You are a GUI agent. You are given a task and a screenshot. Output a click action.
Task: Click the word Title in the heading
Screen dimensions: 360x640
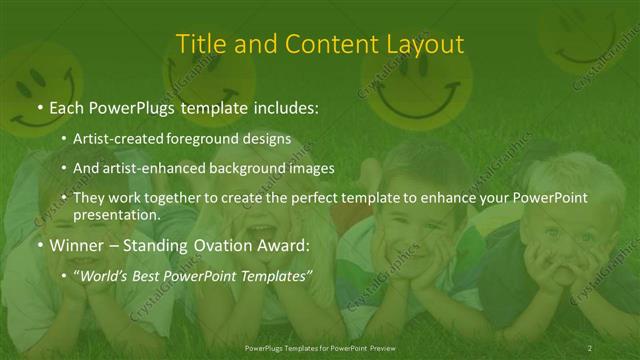pyautogui.click(x=198, y=44)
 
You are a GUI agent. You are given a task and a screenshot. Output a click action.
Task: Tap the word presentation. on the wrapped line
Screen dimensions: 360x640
pyautogui.click(x=116, y=214)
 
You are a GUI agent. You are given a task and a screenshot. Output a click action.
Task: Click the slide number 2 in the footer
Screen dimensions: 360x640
pyautogui.click(x=589, y=347)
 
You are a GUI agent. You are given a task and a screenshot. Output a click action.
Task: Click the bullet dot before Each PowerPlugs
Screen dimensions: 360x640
pyautogui.click(x=39, y=106)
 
